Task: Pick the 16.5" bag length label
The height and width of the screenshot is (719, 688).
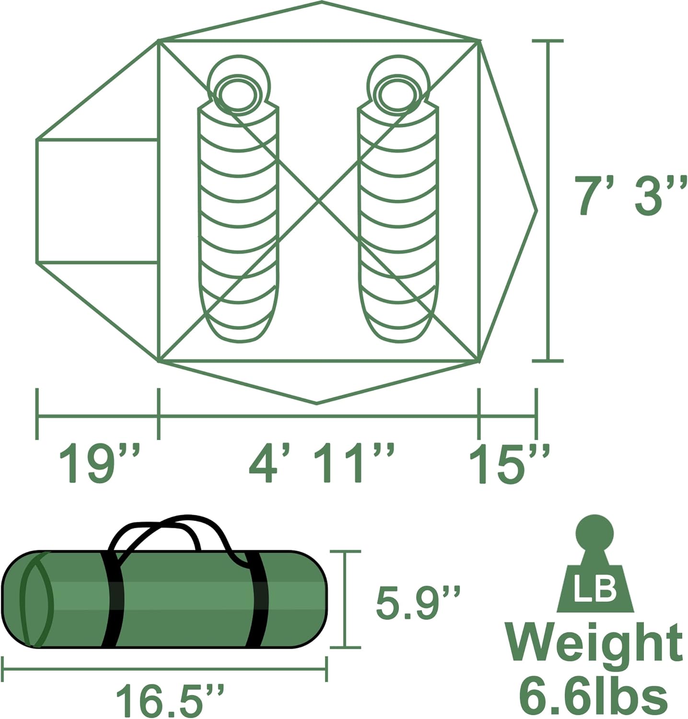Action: [x=170, y=700]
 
